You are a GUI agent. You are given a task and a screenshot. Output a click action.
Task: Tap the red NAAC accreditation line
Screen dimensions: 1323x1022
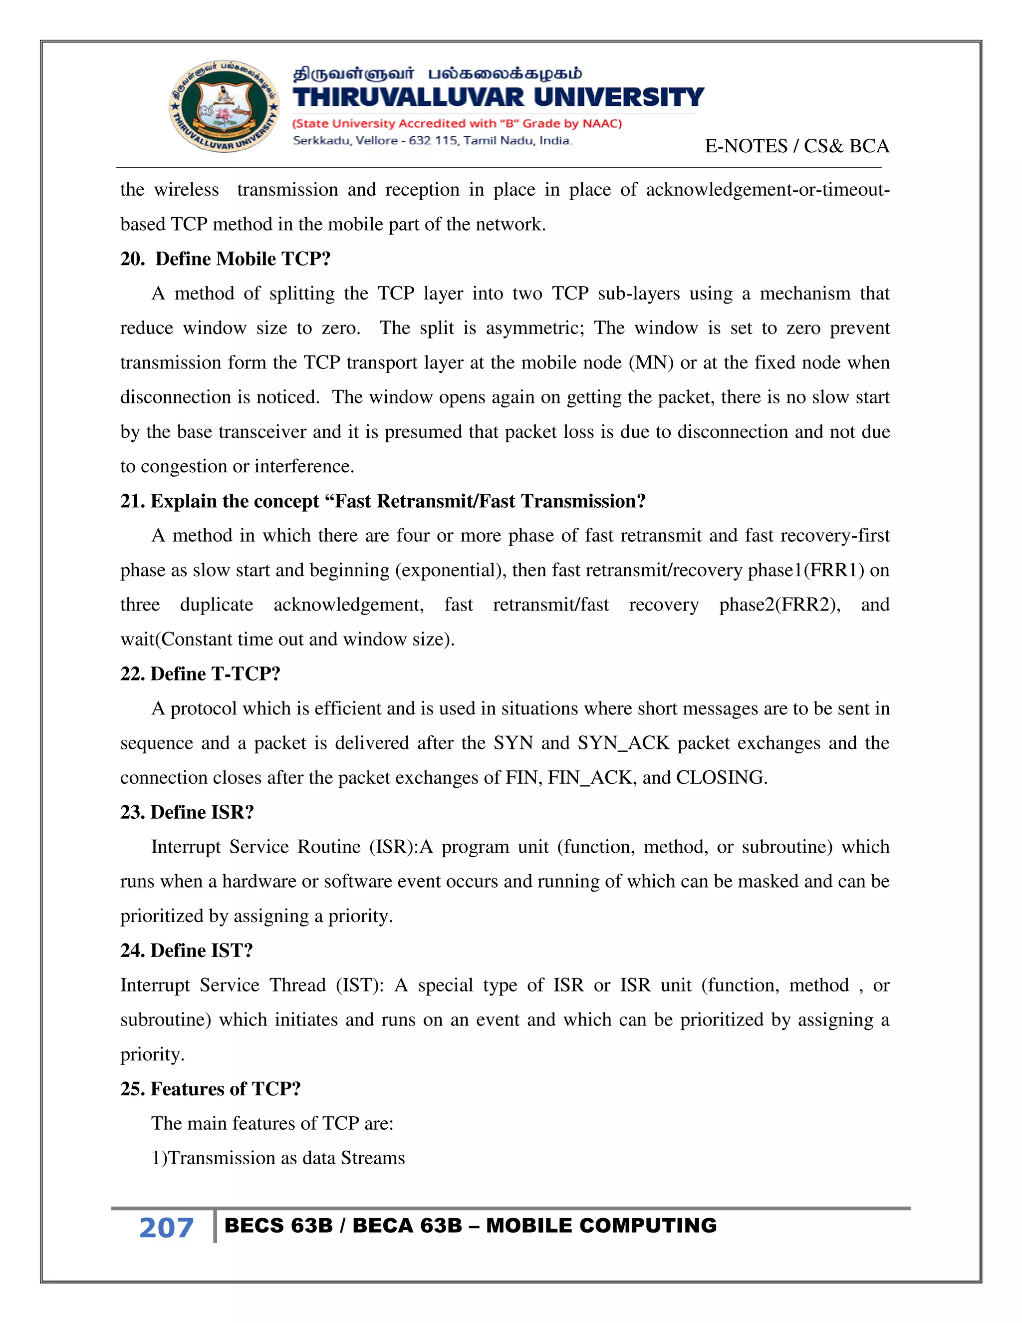click(x=457, y=124)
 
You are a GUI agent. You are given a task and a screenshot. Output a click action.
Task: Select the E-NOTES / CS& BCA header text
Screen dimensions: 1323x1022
click(x=797, y=146)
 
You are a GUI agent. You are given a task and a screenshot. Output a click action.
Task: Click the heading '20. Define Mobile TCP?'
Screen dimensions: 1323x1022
click(x=225, y=259)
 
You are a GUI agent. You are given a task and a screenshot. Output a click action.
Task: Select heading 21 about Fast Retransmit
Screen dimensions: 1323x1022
click(x=383, y=501)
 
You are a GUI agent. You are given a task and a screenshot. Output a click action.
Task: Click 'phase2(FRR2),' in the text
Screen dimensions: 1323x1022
click(x=780, y=605)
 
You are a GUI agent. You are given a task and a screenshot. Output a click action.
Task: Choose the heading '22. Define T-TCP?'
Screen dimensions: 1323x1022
click(x=201, y=673)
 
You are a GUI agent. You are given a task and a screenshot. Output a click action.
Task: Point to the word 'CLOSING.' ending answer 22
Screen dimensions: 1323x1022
click(x=722, y=777)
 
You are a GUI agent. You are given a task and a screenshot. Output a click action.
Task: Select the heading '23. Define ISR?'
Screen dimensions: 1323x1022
click(x=187, y=812)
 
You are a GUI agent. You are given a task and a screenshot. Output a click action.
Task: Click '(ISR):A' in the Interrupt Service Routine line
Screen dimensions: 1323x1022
click(x=401, y=846)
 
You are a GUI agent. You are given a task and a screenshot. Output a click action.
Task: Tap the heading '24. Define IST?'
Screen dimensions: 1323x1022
click(x=187, y=951)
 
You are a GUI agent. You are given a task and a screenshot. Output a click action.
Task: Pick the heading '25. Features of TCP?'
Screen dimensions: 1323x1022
click(x=210, y=1088)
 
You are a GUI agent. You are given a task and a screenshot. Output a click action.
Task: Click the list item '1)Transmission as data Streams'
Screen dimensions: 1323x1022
click(x=278, y=1158)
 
